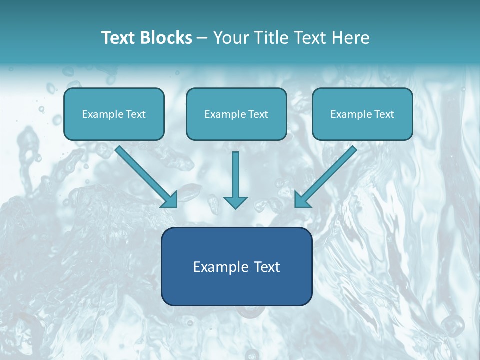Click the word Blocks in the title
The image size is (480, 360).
(166, 38)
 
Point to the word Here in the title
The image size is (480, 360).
(351, 38)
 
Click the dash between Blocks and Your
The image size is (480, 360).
(202, 38)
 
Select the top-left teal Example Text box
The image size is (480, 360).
(114, 114)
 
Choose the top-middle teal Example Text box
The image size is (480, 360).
(236, 114)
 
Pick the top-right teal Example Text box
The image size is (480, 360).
(363, 114)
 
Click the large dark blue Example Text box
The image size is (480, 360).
(237, 266)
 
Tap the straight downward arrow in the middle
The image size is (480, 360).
(235, 180)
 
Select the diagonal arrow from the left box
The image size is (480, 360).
(146, 176)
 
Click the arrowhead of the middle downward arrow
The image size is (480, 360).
(235, 203)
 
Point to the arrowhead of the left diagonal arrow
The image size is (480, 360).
(171, 201)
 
